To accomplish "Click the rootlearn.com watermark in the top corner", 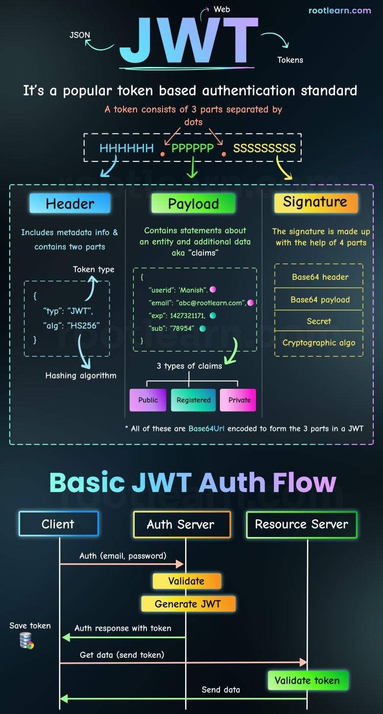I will [x=339, y=10].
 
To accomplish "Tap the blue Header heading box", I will [x=70, y=203].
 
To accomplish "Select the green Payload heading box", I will [x=193, y=203].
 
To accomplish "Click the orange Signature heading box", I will [x=315, y=202].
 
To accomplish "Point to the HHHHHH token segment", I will [x=126, y=148].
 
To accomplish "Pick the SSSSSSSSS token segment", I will [x=264, y=148].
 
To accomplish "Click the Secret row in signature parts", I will [x=319, y=321].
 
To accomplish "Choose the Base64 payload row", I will [x=320, y=299].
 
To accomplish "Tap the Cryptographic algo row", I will [x=319, y=343].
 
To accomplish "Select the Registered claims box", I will [x=193, y=400].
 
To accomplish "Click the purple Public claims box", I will [x=148, y=400].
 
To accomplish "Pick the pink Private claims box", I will [x=239, y=400].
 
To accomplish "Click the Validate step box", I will [x=187, y=581].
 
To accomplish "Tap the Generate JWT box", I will [x=188, y=604].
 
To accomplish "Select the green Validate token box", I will [x=307, y=680].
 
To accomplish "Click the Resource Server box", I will [x=301, y=524].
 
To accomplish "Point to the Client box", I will [x=58, y=524].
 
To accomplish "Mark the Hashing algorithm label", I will [x=81, y=376].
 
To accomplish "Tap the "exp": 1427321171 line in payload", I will [x=177, y=315].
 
